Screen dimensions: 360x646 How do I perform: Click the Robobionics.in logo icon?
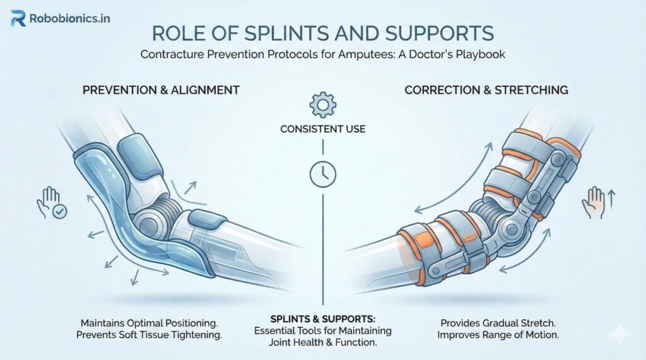tap(18, 19)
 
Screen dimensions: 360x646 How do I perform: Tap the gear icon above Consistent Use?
tap(322, 103)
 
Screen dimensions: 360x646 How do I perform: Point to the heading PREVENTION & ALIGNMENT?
tap(161, 90)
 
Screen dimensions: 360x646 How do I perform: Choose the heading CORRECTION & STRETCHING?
tap(486, 90)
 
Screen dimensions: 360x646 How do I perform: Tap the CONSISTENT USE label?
tap(323, 130)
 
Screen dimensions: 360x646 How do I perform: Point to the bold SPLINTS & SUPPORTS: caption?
tap(322, 319)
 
